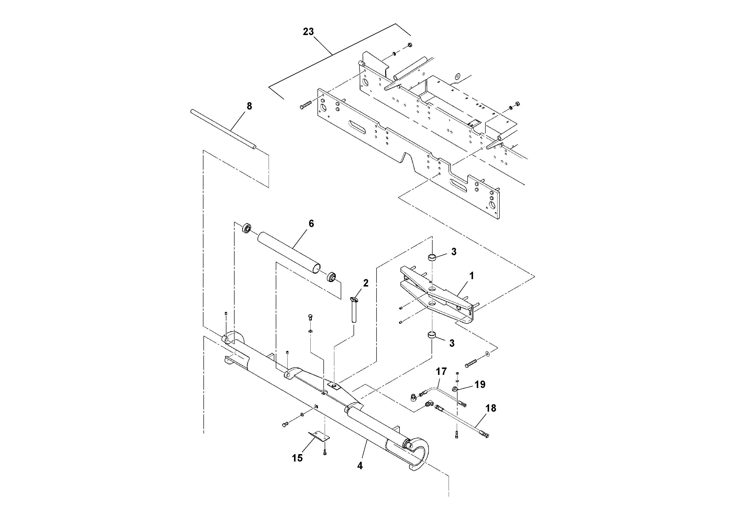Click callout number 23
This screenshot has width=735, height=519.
tap(308, 32)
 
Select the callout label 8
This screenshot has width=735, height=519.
tap(249, 106)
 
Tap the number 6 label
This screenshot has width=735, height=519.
tap(311, 223)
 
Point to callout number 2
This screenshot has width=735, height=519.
tap(366, 283)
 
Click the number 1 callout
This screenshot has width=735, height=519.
tap(472, 275)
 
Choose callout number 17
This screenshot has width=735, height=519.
tap(441, 371)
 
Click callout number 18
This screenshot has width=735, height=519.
tap(491, 408)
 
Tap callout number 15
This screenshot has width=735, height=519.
tap(297, 458)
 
